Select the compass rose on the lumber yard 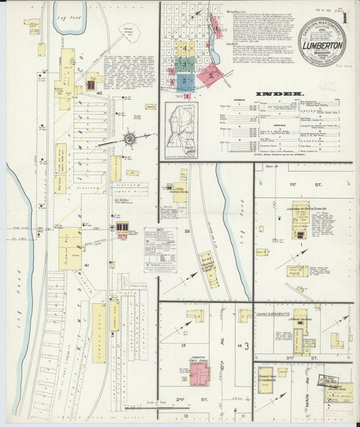click(x=128, y=139)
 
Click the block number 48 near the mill click(x=99, y=93)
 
